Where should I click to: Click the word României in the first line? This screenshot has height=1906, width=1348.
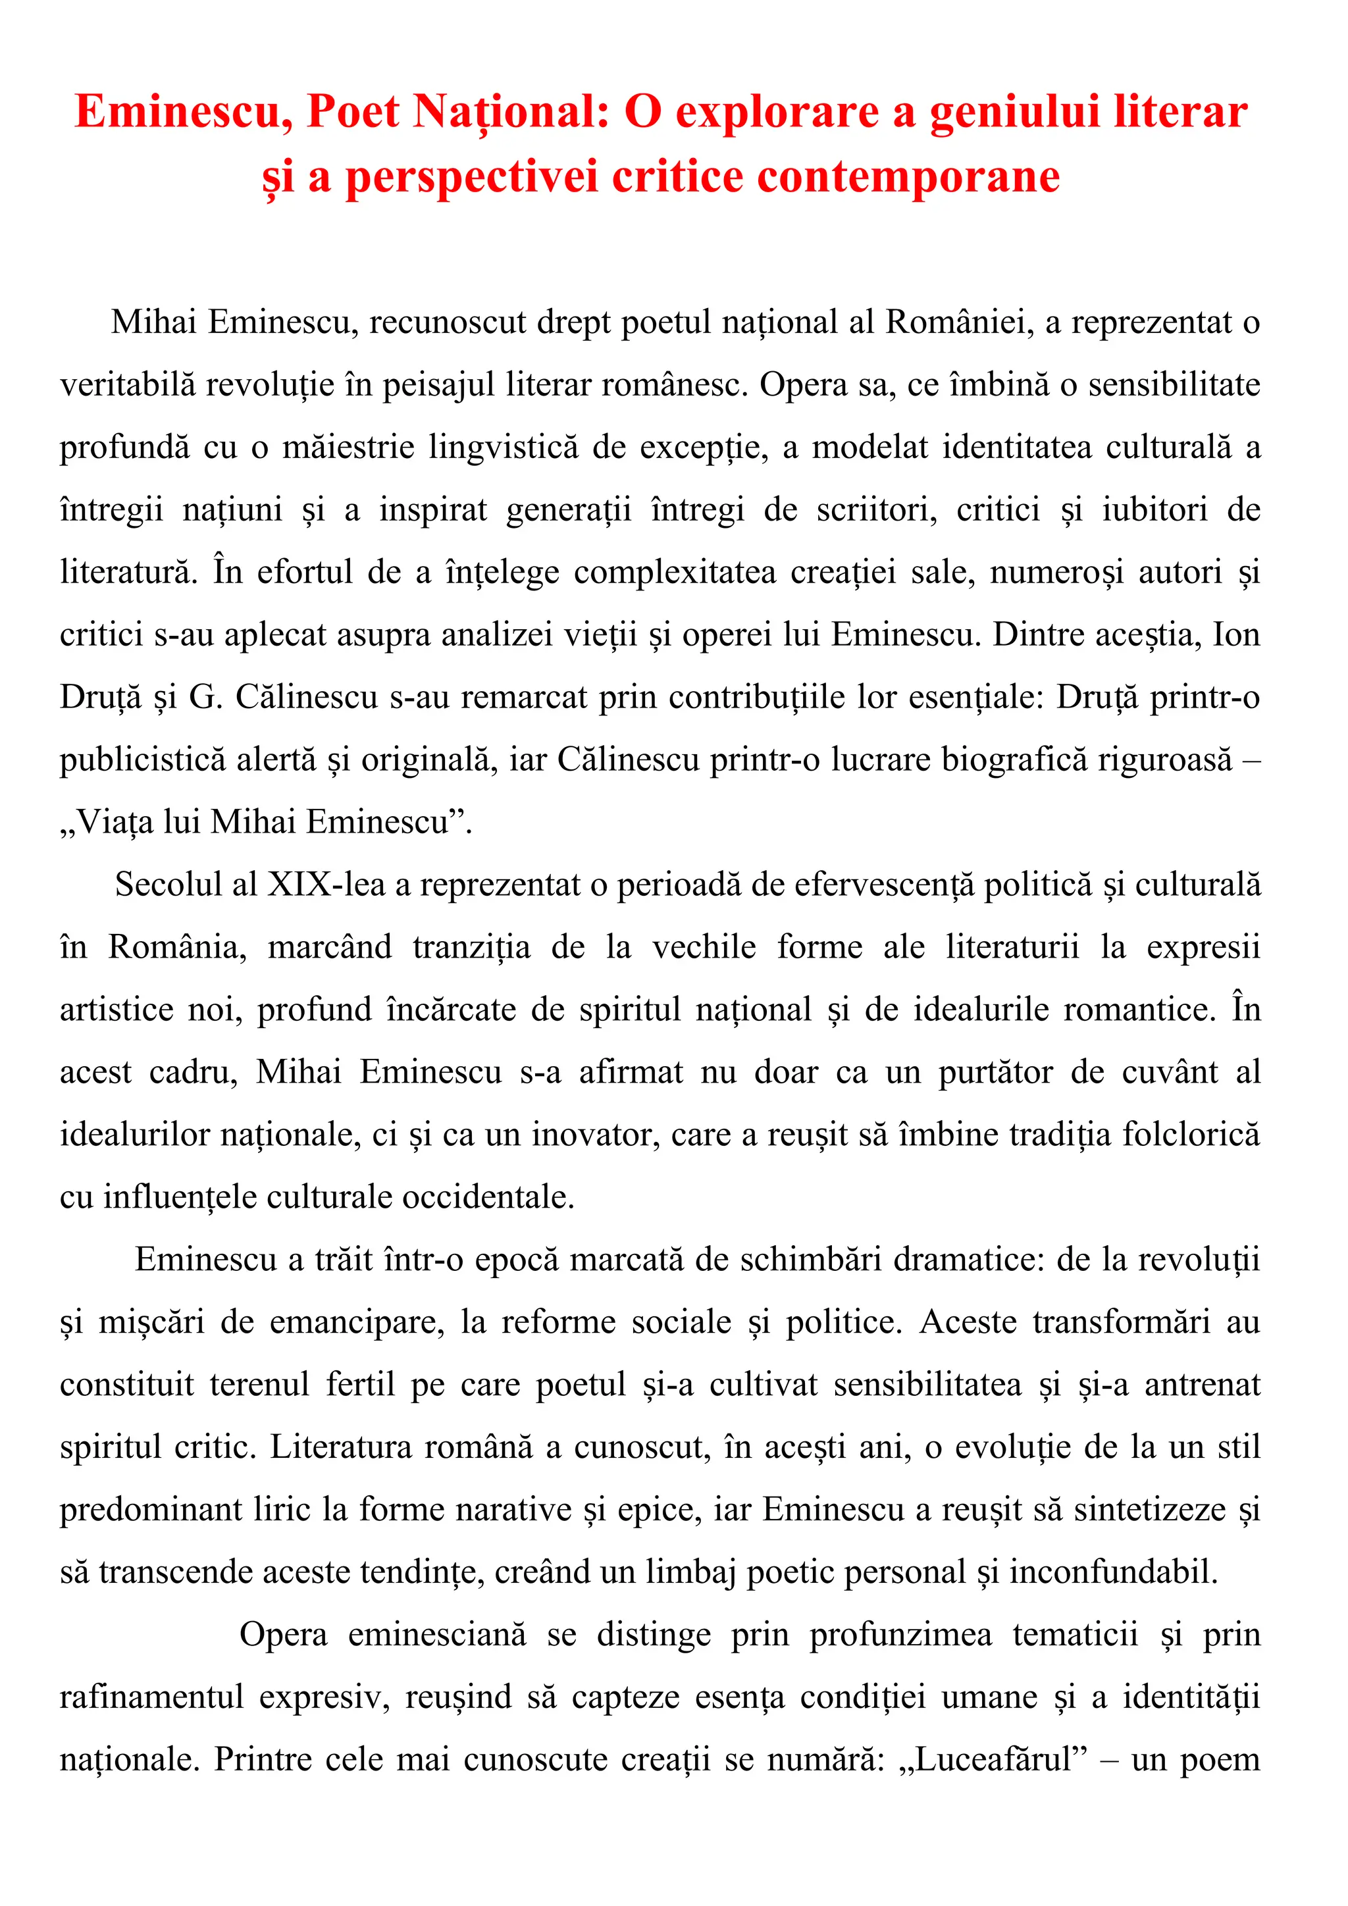960,323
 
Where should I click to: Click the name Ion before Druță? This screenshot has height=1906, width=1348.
1236,635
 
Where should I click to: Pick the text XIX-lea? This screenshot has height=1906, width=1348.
326,885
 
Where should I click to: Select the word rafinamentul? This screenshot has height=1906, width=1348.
151,1697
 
